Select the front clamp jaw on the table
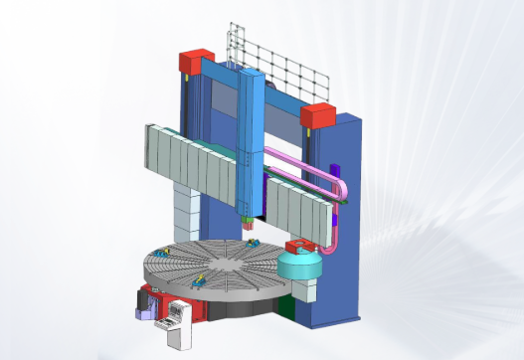pos(205,282)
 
